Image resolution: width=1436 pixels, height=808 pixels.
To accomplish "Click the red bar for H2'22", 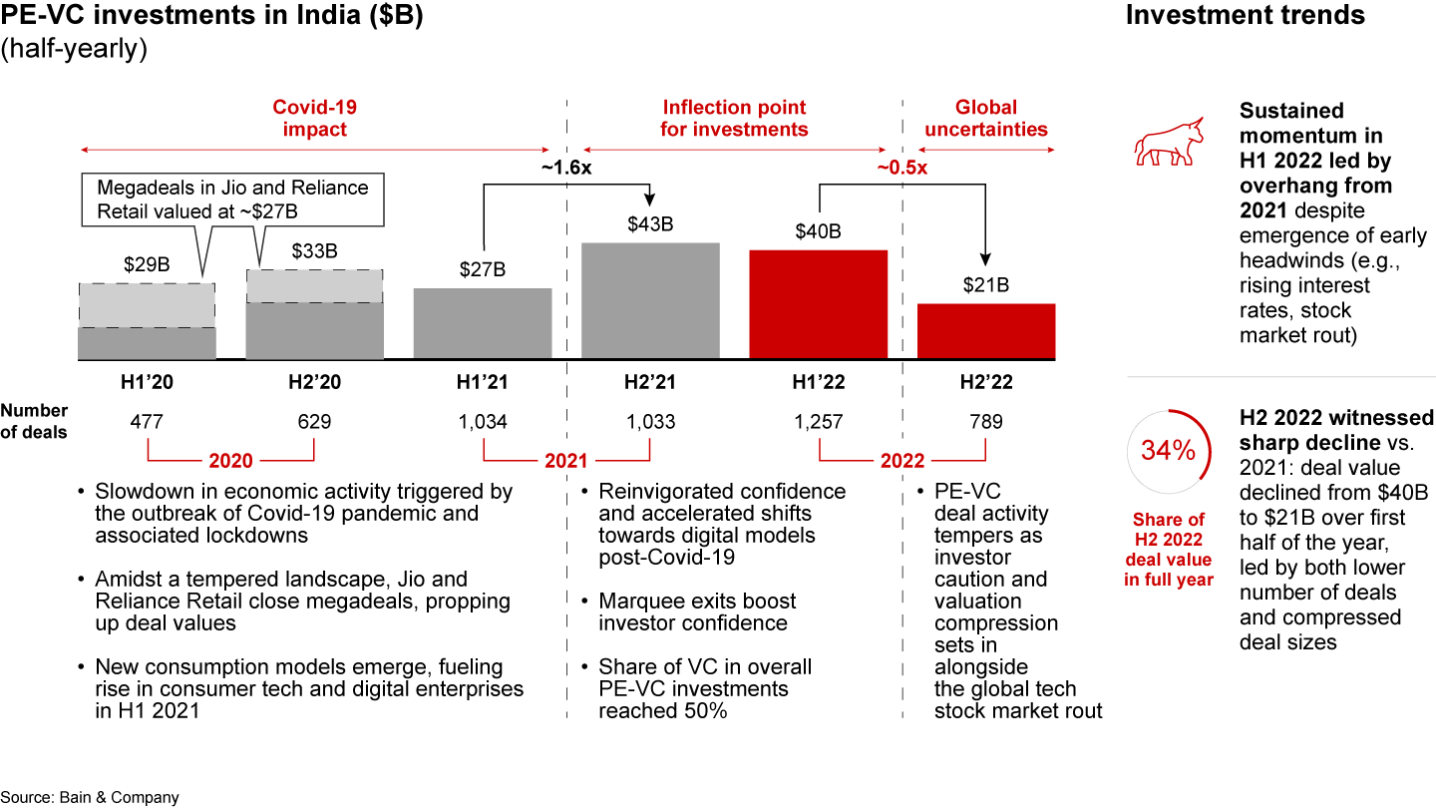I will [x=986, y=331].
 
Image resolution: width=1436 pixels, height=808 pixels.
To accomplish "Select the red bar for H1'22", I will [x=818, y=304].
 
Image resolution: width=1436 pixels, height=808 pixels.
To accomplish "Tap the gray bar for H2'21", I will [x=650, y=300].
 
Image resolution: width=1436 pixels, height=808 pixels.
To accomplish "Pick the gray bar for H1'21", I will [x=483, y=323].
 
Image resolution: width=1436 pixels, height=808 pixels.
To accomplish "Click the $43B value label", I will [x=650, y=224].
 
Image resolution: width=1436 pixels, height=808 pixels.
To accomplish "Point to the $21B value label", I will [x=986, y=285].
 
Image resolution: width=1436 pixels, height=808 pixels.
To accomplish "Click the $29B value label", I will [x=147, y=265].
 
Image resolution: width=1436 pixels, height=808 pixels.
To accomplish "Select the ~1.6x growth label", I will [x=566, y=169].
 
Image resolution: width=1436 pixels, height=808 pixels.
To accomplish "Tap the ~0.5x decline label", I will [x=901, y=169].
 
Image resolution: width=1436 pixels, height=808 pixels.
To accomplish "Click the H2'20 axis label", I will [x=314, y=382].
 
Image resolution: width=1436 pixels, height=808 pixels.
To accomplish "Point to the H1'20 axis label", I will [x=147, y=382].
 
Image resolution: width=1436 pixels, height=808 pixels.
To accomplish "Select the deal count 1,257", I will [x=818, y=422].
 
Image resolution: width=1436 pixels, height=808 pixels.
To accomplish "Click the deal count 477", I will [x=147, y=422].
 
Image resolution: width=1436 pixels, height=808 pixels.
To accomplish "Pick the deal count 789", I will [x=986, y=422].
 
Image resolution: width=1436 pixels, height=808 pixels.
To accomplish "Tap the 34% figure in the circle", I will [x=1168, y=451].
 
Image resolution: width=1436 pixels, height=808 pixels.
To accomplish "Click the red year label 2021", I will [x=566, y=461].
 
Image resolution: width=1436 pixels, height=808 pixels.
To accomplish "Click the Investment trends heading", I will [x=1245, y=16].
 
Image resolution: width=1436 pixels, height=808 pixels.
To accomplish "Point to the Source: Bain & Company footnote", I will [x=90, y=797].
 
